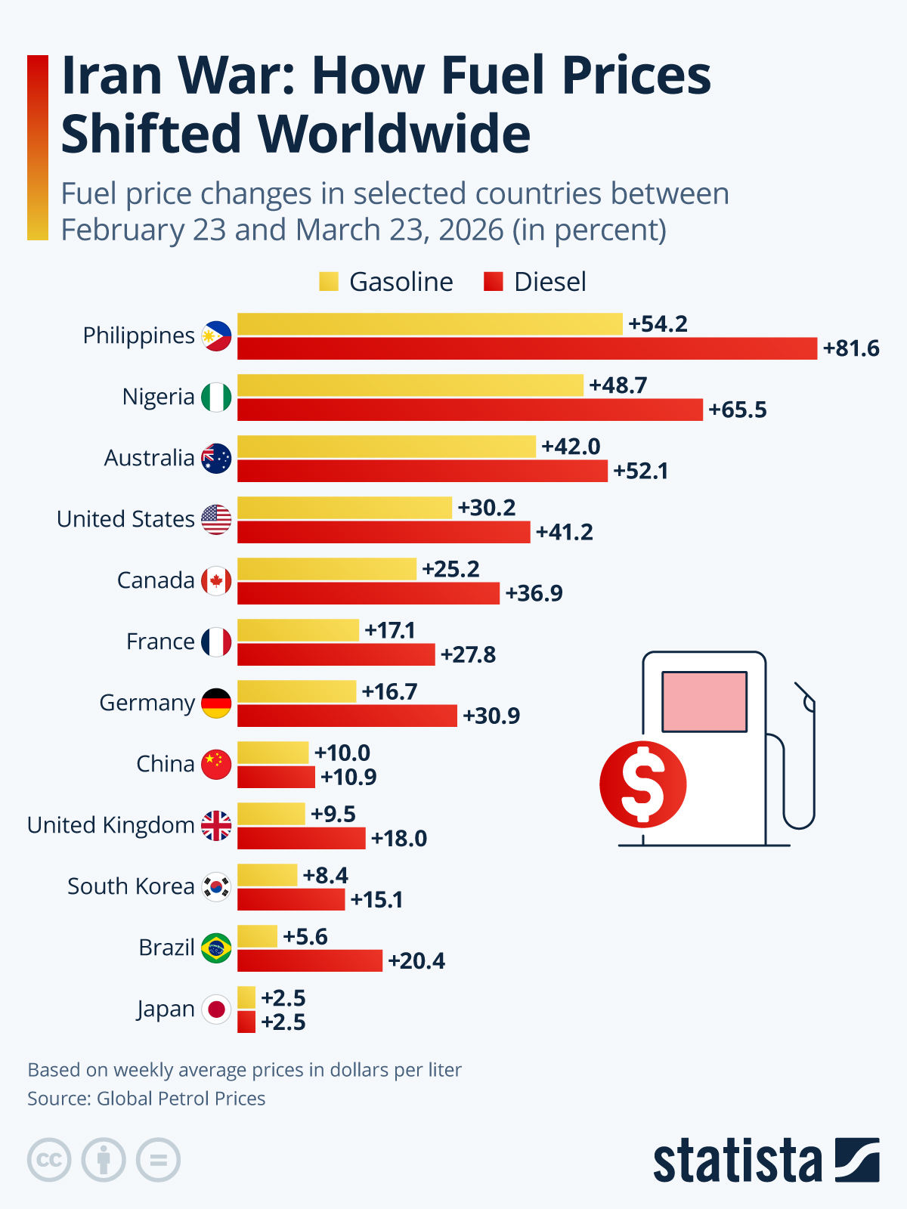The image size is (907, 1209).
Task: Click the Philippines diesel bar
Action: [x=527, y=348]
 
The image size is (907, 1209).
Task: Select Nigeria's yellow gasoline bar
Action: [x=410, y=385]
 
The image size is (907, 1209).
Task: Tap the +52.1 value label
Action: [x=640, y=472]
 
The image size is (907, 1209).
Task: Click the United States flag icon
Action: [x=216, y=519]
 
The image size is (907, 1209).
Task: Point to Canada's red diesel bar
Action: [x=368, y=593]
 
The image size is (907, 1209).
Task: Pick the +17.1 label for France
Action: [x=390, y=630]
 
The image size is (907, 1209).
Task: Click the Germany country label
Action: [x=147, y=703]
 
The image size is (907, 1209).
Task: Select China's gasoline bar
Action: [x=273, y=753]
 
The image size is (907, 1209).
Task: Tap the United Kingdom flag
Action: [x=216, y=825]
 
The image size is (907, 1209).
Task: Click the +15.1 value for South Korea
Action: [x=376, y=900]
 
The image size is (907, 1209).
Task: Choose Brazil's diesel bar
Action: [x=310, y=961]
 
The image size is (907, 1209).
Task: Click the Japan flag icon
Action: [x=216, y=1009]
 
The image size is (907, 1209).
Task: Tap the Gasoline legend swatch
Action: [x=329, y=282]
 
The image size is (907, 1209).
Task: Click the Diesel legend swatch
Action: [x=494, y=282]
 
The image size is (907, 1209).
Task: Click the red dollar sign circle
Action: [x=643, y=784]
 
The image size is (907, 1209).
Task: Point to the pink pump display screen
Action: [x=704, y=701]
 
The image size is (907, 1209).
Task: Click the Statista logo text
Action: [x=737, y=1161]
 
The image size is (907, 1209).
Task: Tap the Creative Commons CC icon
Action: [x=49, y=1160]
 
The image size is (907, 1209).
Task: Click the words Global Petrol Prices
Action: [x=181, y=1099]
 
